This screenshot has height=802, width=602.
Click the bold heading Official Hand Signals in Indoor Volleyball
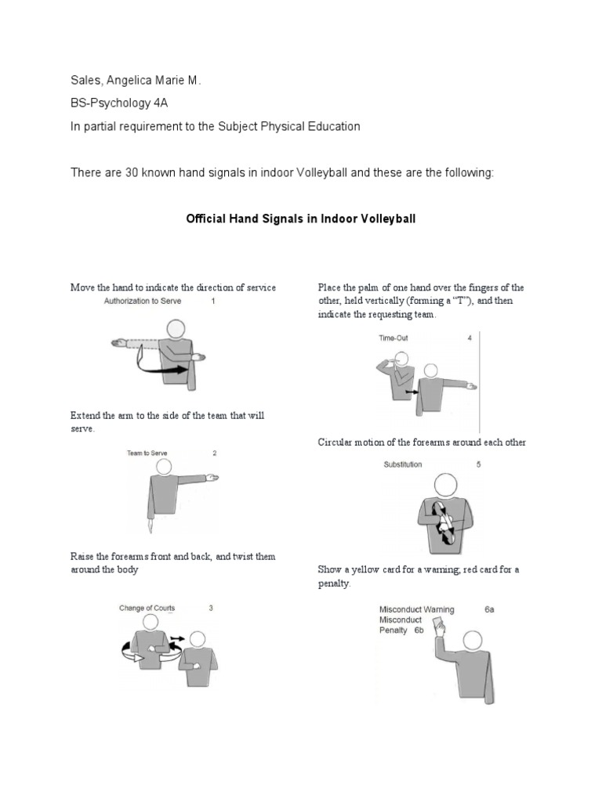click(300, 219)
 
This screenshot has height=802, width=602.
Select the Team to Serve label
click(147, 453)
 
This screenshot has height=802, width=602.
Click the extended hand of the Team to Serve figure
click(212, 477)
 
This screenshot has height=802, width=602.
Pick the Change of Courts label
click(147, 607)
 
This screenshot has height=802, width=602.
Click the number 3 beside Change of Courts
click(210, 608)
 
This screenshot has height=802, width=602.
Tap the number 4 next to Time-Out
click(470, 338)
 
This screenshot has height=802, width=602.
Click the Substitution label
click(403, 464)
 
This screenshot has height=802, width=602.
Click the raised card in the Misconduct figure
click(437, 625)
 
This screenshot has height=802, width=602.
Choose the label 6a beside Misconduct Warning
click(489, 609)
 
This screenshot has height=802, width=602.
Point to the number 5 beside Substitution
click(478, 464)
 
